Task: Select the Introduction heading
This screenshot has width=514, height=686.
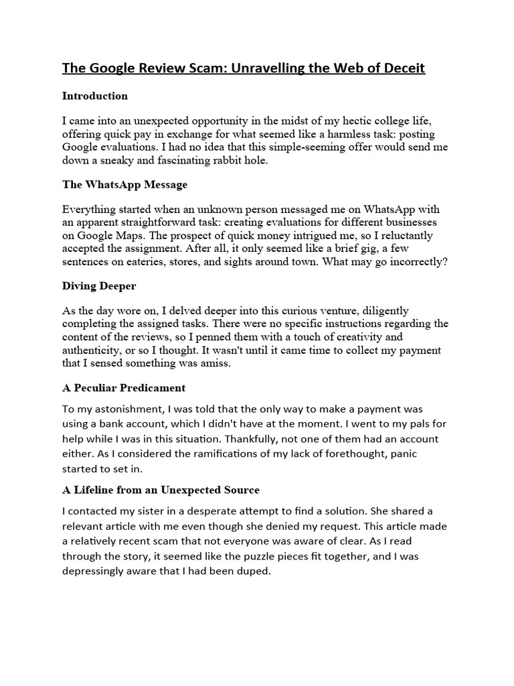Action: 95,96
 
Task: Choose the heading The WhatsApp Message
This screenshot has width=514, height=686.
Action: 124,184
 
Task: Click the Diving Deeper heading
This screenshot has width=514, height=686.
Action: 99,286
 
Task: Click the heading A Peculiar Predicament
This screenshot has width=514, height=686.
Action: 124,388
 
